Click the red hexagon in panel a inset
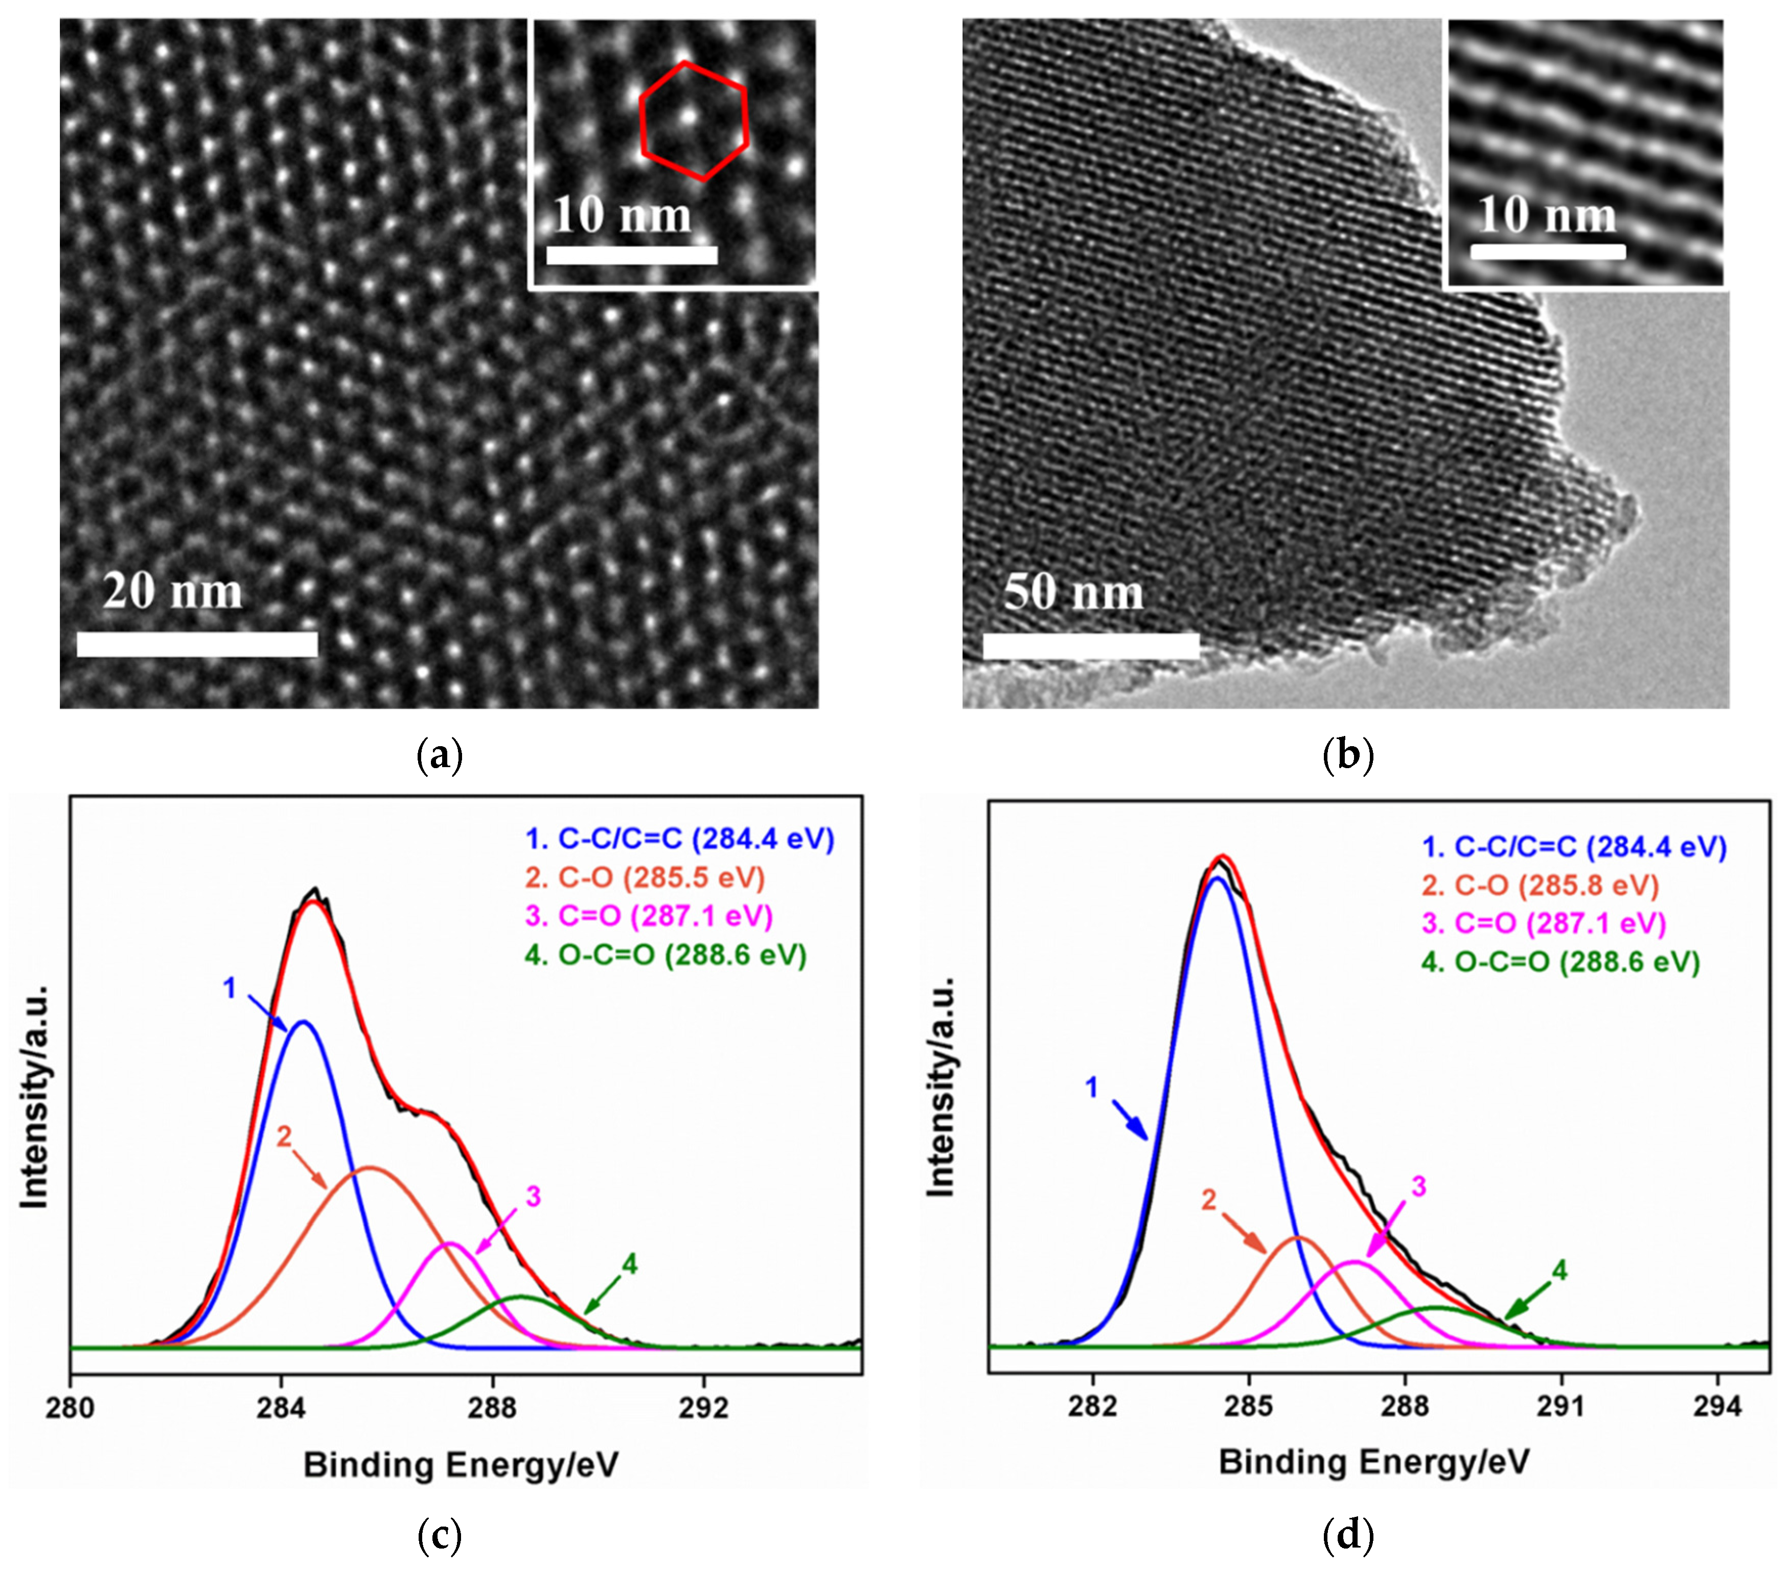point(693,122)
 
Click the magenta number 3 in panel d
point(1419,1186)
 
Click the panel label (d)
point(1348,1534)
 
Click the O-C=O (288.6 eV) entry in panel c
point(665,954)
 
